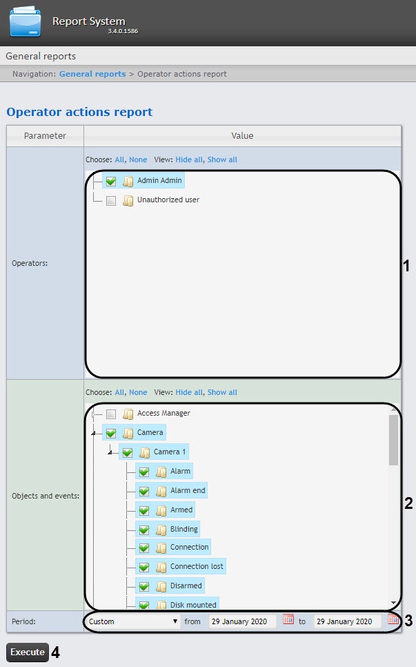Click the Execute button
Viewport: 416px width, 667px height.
[x=28, y=652]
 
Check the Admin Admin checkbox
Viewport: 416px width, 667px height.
[x=111, y=182]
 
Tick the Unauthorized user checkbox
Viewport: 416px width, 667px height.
[x=111, y=201]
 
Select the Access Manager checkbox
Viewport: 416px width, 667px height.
[x=111, y=414]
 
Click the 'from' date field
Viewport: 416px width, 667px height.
[x=242, y=621]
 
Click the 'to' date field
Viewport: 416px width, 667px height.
[x=347, y=621]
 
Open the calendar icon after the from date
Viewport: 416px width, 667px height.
[x=288, y=620]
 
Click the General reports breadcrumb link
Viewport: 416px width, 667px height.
[x=92, y=74]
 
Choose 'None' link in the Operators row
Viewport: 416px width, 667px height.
[x=138, y=159]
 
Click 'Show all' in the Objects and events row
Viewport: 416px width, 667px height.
[x=222, y=392]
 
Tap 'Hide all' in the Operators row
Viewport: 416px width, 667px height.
[x=189, y=159]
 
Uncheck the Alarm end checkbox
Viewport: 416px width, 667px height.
[x=144, y=492]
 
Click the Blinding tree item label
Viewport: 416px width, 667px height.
[x=184, y=529]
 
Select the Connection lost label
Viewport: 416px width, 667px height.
[x=197, y=566]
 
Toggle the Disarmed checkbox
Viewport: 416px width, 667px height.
[x=144, y=587]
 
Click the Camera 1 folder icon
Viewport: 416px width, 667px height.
[x=144, y=453]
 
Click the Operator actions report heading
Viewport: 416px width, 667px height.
[x=79, y=112]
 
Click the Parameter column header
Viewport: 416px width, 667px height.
[x=45, y=136]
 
